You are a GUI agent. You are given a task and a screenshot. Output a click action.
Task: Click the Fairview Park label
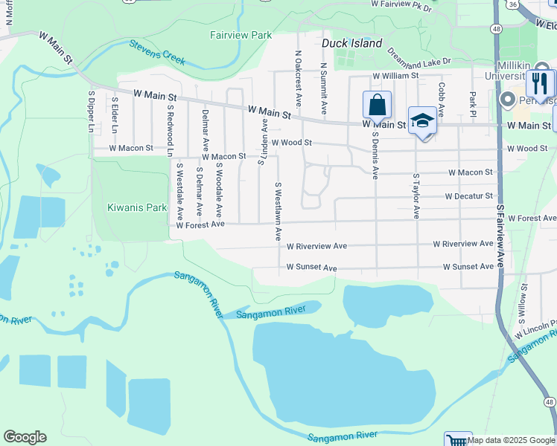[x=241, y=35]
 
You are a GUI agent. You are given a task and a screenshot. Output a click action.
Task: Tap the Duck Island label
[x=351, y=43]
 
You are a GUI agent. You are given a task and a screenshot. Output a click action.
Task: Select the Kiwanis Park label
[x=137, y=208]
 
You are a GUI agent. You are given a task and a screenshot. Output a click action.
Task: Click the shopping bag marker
[x=377, y=106]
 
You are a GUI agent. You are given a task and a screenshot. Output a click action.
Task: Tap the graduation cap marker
[x=422, y=121]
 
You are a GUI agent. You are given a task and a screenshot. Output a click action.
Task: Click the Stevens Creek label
[x=157, y=53]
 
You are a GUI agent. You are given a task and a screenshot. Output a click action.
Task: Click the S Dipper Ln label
[x=91, y=112]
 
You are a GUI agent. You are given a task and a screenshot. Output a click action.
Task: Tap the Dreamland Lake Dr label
[x=419, y=58]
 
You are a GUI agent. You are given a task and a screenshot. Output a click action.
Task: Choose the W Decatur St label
[x=469, y=196]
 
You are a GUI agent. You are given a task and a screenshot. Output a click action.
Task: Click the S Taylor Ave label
[x=416, y=196]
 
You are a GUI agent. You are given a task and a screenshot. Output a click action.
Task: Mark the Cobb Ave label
[x=442, y=100]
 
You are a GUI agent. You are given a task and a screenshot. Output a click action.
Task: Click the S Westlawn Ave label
[x=278, y=212]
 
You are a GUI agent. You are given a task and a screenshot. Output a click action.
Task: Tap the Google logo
[x=25, y=437]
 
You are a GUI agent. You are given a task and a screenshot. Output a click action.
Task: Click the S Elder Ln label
[x=115, y=115]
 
